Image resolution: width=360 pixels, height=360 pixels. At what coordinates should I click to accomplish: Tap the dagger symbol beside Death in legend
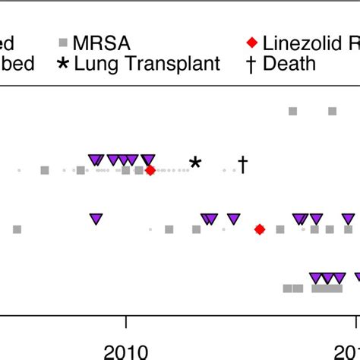tap(250, 64)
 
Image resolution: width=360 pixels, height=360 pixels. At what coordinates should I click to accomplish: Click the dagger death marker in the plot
tap(243, 164)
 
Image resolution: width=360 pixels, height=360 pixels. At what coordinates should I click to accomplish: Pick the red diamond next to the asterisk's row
tap(150, 171)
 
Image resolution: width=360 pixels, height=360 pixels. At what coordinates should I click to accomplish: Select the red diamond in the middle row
tap(260, 229)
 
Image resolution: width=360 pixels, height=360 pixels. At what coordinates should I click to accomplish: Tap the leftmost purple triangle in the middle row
tap(96, 219)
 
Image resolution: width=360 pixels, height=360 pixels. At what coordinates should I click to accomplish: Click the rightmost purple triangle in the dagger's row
tap(149, 159)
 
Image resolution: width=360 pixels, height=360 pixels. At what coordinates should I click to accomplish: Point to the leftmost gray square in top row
tap(293, 112)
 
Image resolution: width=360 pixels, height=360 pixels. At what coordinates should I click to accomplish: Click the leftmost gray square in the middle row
tap(17, 229)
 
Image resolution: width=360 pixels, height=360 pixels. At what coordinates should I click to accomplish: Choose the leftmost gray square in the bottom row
tap(288, 289)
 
